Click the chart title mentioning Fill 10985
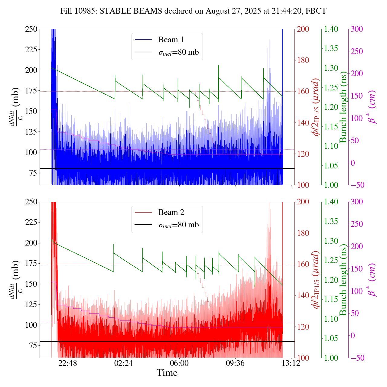coord(193,11)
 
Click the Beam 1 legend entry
coord(171,40)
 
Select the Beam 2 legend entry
coord(171,213)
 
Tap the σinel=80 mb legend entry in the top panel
coord(179,52)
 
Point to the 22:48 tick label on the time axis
coord(68,363)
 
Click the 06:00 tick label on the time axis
coord(180,363)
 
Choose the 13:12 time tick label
coord(291,363)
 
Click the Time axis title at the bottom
coord(167,373)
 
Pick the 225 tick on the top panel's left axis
coord(31,50)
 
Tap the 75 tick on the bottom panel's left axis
coord(33,346)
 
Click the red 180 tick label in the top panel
coord(304,60)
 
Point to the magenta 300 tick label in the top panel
coord(357,29)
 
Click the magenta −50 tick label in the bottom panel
coord(356,358)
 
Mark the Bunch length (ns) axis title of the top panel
coord(343,107)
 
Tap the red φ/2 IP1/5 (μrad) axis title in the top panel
coord(316,107)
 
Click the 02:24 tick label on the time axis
coord(124,363)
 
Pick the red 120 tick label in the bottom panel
coord(304,327)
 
